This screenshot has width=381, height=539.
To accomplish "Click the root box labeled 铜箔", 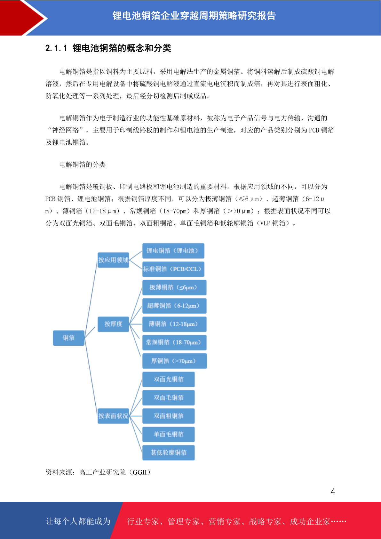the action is (x=68, y=338).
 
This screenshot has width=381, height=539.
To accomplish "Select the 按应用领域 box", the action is (x=113, y=260).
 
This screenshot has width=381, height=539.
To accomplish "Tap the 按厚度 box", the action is (x=113, y=324).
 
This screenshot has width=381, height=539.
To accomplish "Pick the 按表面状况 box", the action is (x=113, y=416).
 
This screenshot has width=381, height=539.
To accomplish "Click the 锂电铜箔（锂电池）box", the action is (x=173, y=251).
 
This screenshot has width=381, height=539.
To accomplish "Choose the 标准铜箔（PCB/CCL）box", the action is (x=173, y=269).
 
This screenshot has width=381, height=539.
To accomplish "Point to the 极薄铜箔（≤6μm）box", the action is (x=174, y=287).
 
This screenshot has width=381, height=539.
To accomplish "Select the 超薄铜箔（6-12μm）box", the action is (x=174, y=306).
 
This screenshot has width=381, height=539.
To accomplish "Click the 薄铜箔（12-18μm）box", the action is (x=174, y=324).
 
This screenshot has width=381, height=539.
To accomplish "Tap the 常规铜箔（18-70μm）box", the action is (x=174, y=342).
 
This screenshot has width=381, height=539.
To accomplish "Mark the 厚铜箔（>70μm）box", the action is (x=175, y=361).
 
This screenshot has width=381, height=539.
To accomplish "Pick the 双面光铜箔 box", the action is (x=168, y=379).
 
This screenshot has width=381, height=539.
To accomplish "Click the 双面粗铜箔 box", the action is (x=168, y=416).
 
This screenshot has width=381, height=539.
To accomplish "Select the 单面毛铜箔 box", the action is (x=168, y=434).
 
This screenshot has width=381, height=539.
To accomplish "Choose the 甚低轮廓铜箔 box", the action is (x=168, y=453).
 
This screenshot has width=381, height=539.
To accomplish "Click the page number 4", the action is (x=333, y=491).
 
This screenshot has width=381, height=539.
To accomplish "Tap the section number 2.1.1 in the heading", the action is (x=56, y=48).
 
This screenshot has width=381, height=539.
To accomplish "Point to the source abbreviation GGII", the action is (x=140, y=472).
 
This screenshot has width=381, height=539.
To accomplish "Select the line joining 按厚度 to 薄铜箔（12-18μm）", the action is (x=136, y=324).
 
